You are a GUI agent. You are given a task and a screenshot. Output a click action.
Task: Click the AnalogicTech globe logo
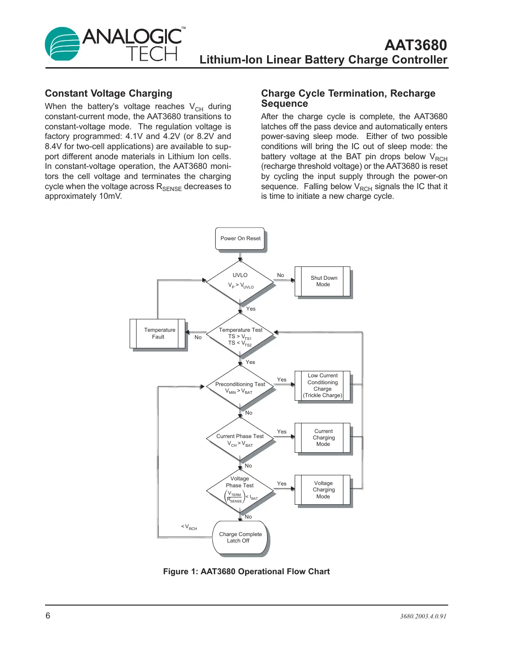tap(63, 44)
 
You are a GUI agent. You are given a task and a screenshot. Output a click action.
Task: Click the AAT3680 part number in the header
tap(415, 45)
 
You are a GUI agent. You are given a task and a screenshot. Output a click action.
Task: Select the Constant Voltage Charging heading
tap(108, 93)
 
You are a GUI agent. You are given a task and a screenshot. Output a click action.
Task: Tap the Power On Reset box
tap(240, 238)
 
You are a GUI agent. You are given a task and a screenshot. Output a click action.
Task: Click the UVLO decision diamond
tap(240, 281)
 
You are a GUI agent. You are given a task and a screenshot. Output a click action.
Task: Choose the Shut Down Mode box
tap(323, 281)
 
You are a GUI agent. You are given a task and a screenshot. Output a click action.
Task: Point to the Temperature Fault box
tap(158, 333)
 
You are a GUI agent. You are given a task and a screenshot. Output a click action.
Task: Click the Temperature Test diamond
tap(240, 336)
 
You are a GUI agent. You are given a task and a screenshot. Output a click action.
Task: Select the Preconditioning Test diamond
tap(240, 387)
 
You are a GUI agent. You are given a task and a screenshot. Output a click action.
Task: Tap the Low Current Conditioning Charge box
tap(323, 386)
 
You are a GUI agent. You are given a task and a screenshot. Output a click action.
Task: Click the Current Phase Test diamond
tap(240, 439)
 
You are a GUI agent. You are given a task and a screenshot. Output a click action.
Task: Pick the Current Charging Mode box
tap(323, 438)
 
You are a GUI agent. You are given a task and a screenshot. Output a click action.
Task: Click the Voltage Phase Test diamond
tap(240, 490)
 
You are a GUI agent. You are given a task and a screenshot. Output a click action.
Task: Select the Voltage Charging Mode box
tap(323, 490)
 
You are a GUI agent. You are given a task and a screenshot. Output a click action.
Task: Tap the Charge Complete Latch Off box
tap(240, 537)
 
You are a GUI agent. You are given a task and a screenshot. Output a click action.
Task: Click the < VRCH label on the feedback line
tap(189, 527)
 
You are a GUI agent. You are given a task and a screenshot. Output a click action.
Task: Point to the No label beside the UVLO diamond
tap(280, 275)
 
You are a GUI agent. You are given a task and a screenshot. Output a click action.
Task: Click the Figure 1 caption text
tap(246, 571)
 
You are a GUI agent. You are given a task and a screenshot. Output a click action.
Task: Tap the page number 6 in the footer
tap(48, 616)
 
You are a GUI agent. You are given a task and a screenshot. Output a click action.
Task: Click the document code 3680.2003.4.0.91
tap(423, 616)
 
